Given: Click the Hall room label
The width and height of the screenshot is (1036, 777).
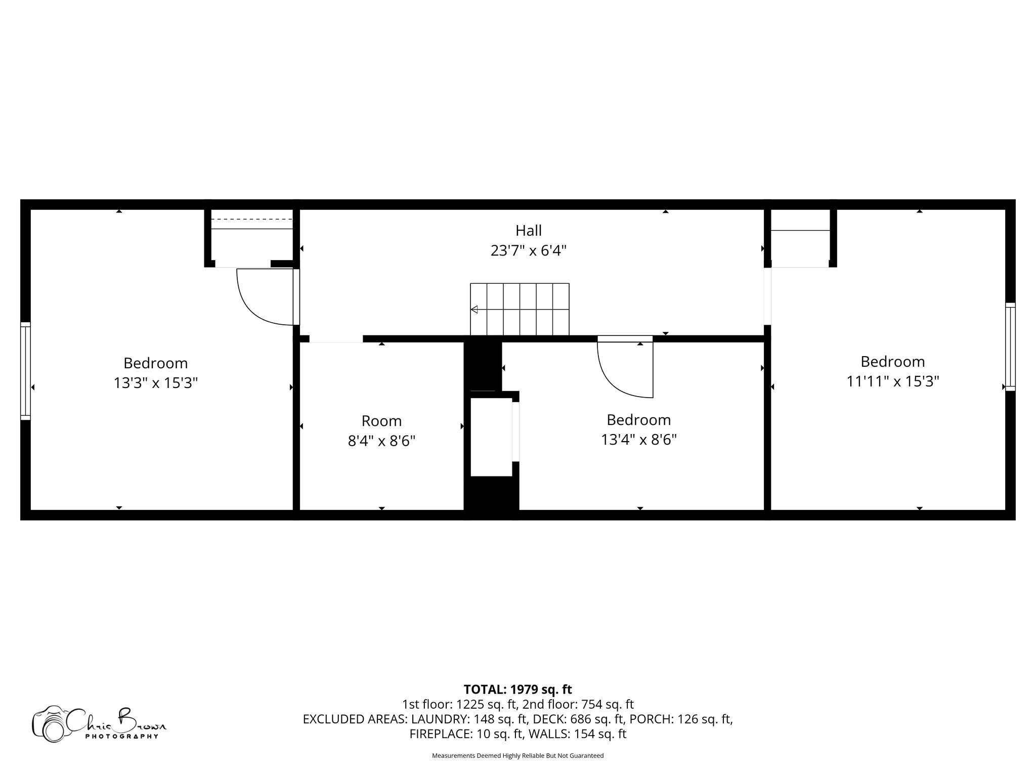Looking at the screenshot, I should [x=528, y=231].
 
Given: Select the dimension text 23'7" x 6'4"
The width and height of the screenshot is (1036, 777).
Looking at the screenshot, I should [x=528, y=251].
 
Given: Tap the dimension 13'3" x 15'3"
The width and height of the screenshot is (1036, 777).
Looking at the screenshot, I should [x=155, y=383].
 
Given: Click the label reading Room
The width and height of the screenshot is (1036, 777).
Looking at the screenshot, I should [x=381, y=421].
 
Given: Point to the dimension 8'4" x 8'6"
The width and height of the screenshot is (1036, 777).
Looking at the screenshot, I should [x=381, y=441].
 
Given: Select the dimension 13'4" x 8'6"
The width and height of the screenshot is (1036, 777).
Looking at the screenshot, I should [x=638, y=440].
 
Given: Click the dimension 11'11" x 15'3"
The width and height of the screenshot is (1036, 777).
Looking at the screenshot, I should [x=892, y=381].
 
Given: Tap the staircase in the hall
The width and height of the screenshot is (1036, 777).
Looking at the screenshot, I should [x=520, y=309].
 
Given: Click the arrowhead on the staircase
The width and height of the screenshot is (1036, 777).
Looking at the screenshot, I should [x=474, y=310].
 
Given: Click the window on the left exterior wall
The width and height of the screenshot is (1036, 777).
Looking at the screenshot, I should [x=25, y=371].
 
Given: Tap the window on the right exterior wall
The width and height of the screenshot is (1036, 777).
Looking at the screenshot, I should [x=1010, y=347].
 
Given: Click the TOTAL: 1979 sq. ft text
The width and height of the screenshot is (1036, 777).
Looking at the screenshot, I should [x=517, y=689].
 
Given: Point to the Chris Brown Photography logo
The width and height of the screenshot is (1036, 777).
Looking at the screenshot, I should [x=99, y=723].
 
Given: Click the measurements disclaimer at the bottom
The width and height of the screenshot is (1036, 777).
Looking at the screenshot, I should [x=517, y=756].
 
